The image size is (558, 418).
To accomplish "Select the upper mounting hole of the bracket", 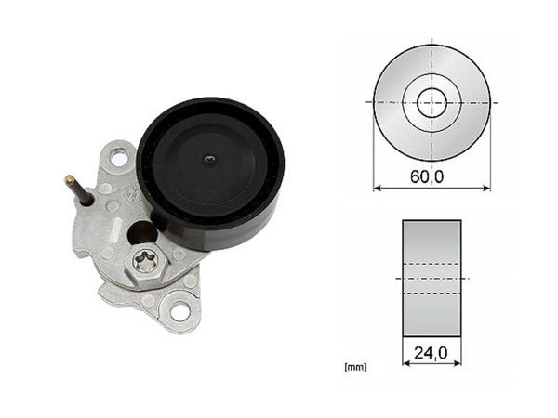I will (x=118, y=158).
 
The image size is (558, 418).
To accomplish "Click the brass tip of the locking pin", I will (x=69, y=178).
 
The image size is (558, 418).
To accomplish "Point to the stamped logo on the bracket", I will (x=132, y=196).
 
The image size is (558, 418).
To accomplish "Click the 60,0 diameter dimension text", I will (x=432, y=173).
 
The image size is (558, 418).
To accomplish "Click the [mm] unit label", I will (x=354, y=368).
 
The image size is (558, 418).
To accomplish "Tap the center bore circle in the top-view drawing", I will (x=432, y=101).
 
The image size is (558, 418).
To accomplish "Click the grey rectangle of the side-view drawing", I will (x=432, y=279).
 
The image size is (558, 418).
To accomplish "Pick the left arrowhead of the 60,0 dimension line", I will (x=377, y=188).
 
